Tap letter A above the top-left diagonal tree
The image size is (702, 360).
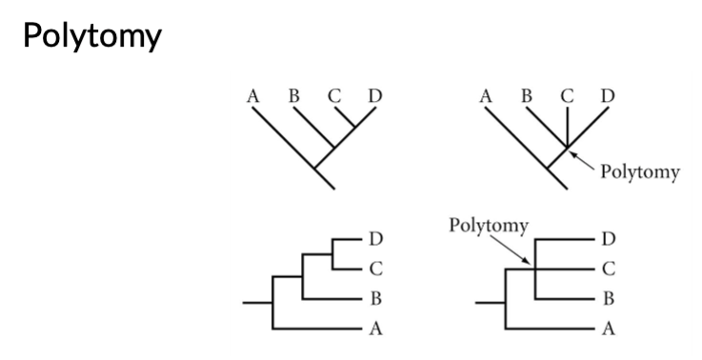[253, 96]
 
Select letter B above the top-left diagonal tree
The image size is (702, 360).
[293, 96]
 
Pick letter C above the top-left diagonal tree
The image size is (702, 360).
[333, 96]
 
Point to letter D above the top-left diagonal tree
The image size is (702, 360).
[374, 96]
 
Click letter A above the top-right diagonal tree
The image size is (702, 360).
[487, 96]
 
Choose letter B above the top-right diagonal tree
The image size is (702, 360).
[527, 96]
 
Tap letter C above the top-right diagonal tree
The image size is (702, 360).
[568, 96]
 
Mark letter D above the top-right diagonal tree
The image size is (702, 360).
[608, 96]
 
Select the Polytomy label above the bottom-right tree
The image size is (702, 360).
[489, 226]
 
